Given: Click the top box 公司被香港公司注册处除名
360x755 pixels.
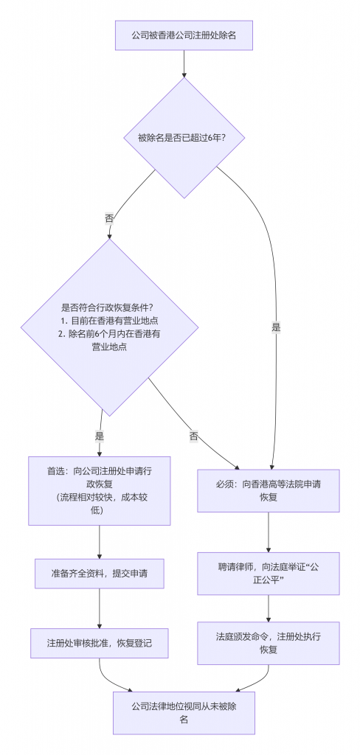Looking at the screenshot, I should (183, 35).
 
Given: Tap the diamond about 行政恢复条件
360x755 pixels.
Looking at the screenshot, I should (110, 327).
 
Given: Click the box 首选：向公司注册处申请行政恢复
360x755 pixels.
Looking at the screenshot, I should (99, 490).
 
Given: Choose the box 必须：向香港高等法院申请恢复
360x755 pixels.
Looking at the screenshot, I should (269, 490).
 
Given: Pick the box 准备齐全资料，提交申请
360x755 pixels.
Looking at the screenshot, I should (99, 573).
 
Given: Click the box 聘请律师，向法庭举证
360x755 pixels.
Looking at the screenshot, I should (269, 574).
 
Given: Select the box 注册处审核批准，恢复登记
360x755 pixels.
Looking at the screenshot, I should (99, 643).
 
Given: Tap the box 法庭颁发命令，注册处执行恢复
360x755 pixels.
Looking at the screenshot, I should (269, 642).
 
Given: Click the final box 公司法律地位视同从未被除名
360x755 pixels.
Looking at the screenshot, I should (183, 712).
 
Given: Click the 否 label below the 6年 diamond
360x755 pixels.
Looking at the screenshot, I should (110, 218).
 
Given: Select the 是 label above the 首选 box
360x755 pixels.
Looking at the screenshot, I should (100, 436).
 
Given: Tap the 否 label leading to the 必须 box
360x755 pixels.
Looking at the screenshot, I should (194, 436).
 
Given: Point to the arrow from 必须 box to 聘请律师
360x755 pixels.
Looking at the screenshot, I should (269, 532).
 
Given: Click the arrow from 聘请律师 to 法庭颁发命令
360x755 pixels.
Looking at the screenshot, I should (269, 608).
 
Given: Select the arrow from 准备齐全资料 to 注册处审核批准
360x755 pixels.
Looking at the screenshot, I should (99, 608).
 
